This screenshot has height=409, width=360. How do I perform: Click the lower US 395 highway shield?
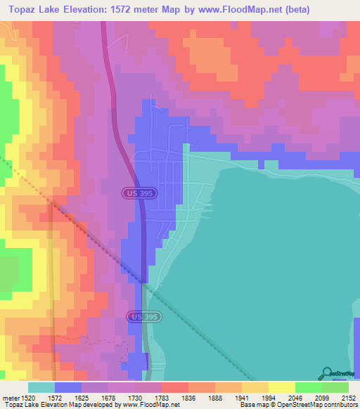[x=143, y=318]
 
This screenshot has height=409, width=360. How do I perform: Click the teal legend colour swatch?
[x=41, y=387]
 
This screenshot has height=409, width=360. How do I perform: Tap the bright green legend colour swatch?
[x=308, y=387]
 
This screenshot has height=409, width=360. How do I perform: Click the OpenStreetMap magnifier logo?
[x=327, y=373]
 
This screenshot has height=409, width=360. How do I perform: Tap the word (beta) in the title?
[x=328, y=11]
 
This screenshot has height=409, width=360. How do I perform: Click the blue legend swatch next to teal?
[x=68, y=387]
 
